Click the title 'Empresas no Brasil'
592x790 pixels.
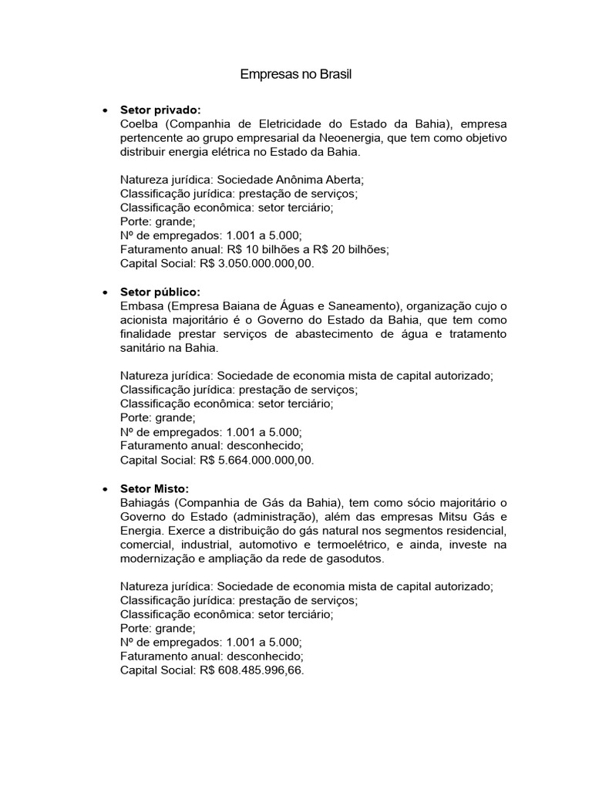coord(296,75)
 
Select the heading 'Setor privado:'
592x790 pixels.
coord(160,110)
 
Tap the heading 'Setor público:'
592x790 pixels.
coord(160,292)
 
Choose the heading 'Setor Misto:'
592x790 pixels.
coord(154,488)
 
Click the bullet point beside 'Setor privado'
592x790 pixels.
coord(104,111)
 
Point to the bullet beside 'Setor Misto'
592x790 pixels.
coord(104,489)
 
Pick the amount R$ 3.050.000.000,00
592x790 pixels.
coord(257,263)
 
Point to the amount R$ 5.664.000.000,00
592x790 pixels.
coord(257,460)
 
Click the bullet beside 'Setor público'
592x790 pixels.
coord(104,293)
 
